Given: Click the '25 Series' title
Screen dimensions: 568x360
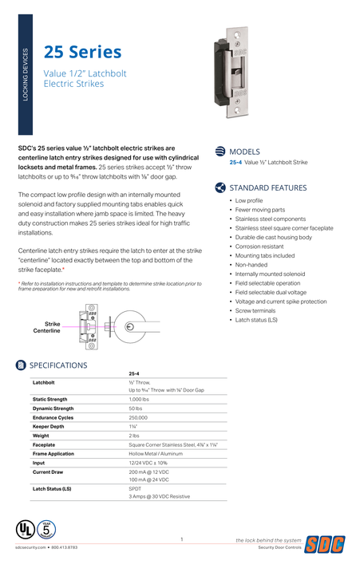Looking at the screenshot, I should click(x=82, y=53).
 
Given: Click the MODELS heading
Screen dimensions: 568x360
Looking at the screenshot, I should click(x=244, y=151).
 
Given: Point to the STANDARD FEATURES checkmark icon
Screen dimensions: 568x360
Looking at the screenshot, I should click(x=220, y=188).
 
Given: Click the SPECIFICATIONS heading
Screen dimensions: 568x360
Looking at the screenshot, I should click(x=58, y=365).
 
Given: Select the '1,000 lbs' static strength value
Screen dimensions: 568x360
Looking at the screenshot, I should click(x=140, y=399).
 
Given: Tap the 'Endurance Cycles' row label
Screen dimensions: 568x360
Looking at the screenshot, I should click(x=53, y=417).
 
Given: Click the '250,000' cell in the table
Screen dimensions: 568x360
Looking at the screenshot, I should click(x=138, y=417).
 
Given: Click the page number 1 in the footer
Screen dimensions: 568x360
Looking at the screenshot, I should click(x=181, y=540).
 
